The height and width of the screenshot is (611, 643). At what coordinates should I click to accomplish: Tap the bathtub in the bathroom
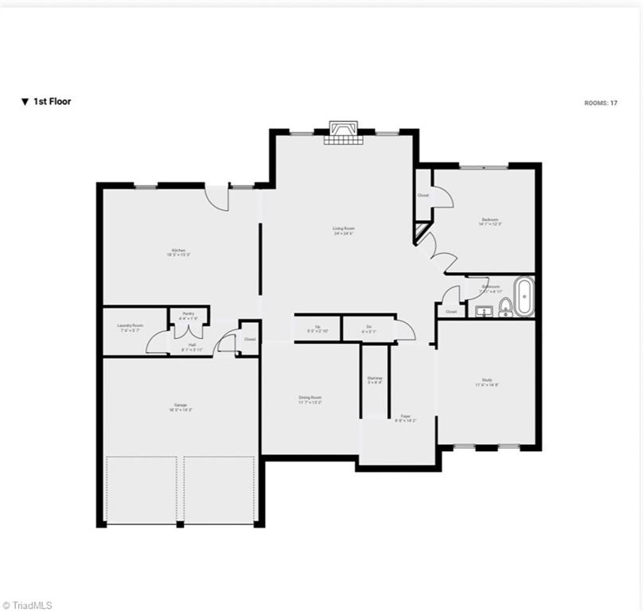click(x=524, y=297)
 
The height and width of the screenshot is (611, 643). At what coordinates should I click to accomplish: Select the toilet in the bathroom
click(x=505, y=311)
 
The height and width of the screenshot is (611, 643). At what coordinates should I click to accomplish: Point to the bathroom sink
click(x=483, y=311)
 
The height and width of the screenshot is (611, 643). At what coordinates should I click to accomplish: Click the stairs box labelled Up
click(x=318, y=328)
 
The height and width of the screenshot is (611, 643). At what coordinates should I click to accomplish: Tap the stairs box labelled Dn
click(x=369, y=328)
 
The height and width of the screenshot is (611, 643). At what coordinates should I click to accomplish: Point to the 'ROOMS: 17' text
click(x=601, y=103)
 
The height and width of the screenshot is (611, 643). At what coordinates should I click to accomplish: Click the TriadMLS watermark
click(x=28, y=605)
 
